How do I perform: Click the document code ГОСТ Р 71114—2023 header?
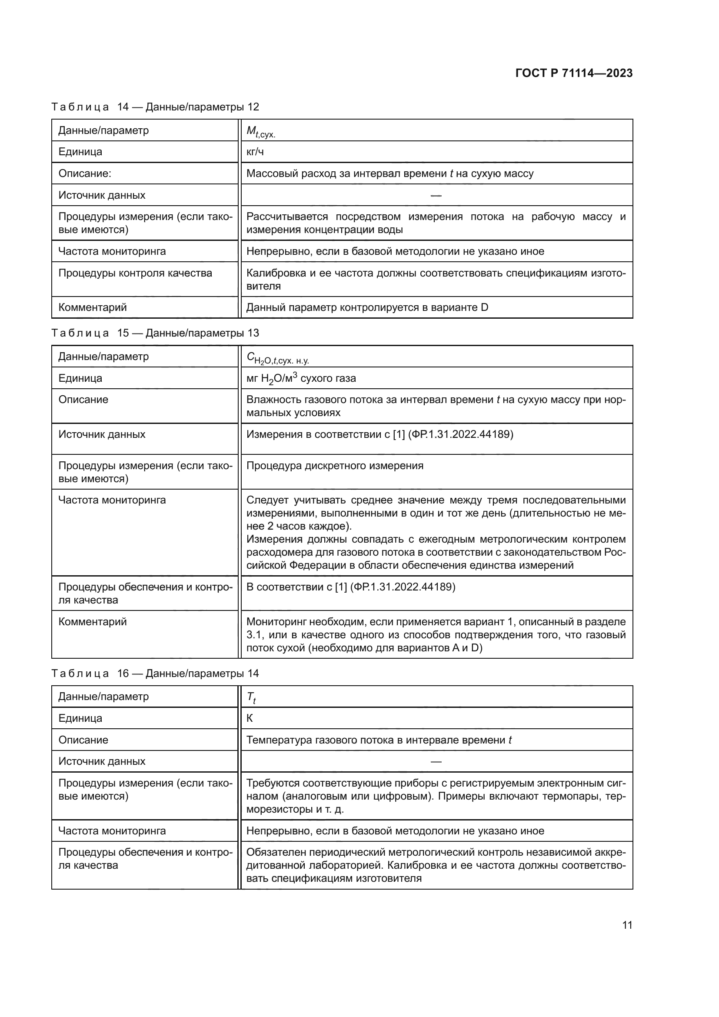click(574, 73)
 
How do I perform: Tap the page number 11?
click(627, 925)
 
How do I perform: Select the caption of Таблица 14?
click(155, 107)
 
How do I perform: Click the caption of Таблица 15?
click(155, 333)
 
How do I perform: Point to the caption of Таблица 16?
click(155, 673)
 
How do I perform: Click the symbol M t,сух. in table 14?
click(261, 132)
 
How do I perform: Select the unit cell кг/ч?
click(255, 152)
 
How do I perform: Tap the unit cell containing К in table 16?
click(250, 718)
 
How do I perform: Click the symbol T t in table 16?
click(251, 697)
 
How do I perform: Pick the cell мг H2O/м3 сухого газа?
click(301, 378)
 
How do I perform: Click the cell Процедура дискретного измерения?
click(335, 466)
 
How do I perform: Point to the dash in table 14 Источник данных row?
click(436, 195)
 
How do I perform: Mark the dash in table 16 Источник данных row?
click(436, 761)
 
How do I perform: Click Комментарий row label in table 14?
click(93, 307)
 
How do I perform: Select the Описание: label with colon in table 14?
click(85, 173)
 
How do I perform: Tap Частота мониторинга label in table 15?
click(112, 500)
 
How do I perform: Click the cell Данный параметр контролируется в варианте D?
click(367, 307)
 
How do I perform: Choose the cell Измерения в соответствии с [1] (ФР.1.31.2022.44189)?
click(379, 434)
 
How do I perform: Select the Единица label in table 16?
click(80, 718)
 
